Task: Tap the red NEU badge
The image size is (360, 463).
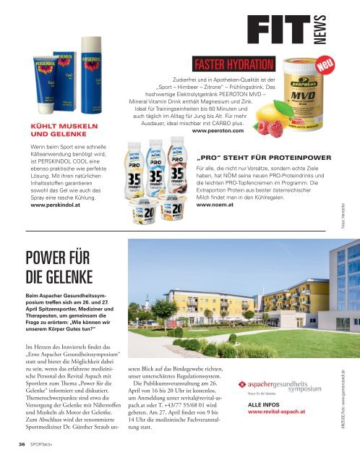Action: (327, 67)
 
